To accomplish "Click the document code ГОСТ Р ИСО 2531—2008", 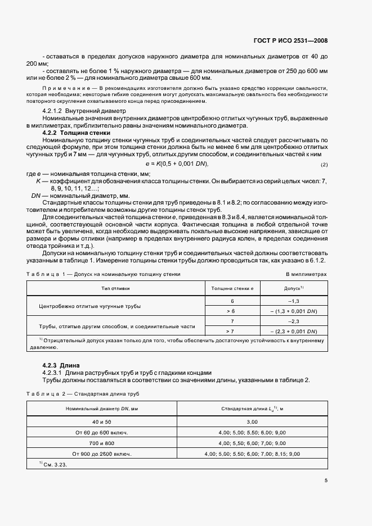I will coord(292,41).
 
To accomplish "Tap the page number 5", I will coord(325,480).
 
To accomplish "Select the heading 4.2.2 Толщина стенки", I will coord(71,133).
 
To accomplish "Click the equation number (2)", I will coord(324,164).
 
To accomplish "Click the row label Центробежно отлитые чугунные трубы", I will coord(90,306).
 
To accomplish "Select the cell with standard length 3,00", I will coord(252,421).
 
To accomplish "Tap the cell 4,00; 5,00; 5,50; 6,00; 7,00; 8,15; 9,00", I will coord(252,453).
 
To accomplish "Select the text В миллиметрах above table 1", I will coord(306,274).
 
